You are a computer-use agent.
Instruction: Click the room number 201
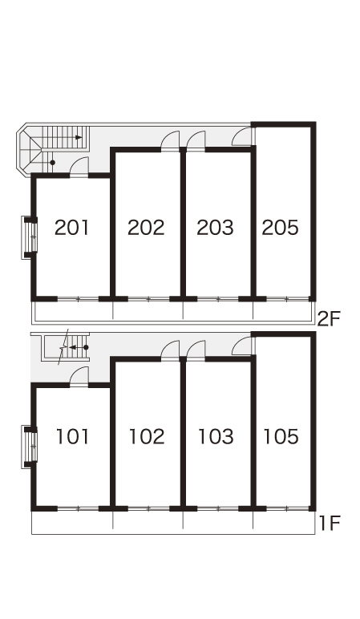[x=72, y=228]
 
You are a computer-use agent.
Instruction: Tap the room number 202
[x=146, y=228]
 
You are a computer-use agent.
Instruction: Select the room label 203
[x=215, y=228]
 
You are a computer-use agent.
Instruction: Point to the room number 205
[x=281, y=228]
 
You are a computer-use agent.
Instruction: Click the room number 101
[x=73, y=437]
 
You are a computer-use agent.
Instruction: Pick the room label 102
[x=147, y=437]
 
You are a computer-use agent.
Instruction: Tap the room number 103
[x=216, y=437]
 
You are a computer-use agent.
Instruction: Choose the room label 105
[x=281, y=437]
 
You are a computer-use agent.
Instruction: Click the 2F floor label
[x=329, y=319]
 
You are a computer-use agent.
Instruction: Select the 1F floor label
[x=330, y=524]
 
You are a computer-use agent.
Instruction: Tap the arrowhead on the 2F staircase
[x=79, y=137]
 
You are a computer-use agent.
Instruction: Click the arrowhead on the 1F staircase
[x=72, y=347]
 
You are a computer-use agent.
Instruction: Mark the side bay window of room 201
[x=29, y=237]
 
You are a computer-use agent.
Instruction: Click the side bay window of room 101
[x=29, y=447]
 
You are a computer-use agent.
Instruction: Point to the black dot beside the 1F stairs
[x=86, y=347]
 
